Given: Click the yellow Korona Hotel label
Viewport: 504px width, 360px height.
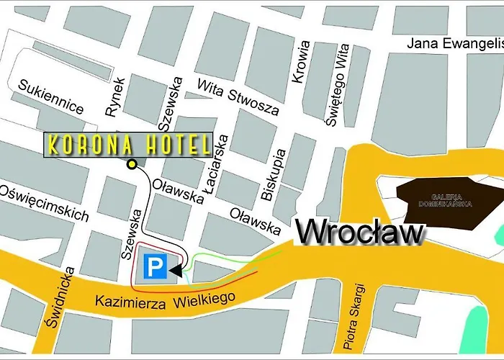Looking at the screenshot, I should coord(130,145).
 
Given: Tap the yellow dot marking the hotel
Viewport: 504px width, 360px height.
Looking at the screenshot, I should coord(132,165).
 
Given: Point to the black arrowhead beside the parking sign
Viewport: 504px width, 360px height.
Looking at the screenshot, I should coord(176,269).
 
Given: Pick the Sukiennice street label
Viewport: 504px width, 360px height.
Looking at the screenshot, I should coord(52,97).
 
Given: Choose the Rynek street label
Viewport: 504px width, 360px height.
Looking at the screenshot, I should coord(115,96).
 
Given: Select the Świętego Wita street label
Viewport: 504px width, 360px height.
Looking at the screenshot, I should coord(337,85).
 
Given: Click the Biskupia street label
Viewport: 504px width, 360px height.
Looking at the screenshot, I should coord(276,174).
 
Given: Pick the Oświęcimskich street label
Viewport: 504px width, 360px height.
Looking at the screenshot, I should coord(45,202).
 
